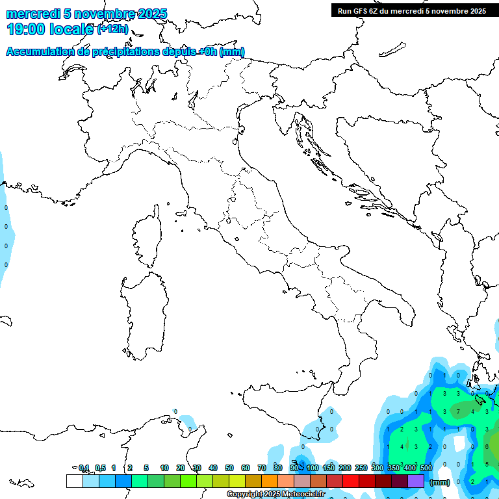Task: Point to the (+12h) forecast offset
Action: coord(112,29)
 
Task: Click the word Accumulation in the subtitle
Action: coord(38,52)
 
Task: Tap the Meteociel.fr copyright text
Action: coord(275,494)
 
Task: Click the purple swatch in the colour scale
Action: coord(416,481)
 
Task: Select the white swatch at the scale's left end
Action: coord(74,481)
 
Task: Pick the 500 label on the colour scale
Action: coord(426,468)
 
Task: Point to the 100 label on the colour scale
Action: coord(313,468)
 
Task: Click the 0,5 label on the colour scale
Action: coord(100,468)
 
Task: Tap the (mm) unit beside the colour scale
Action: coord(440,481)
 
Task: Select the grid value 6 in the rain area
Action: coord(487,446)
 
